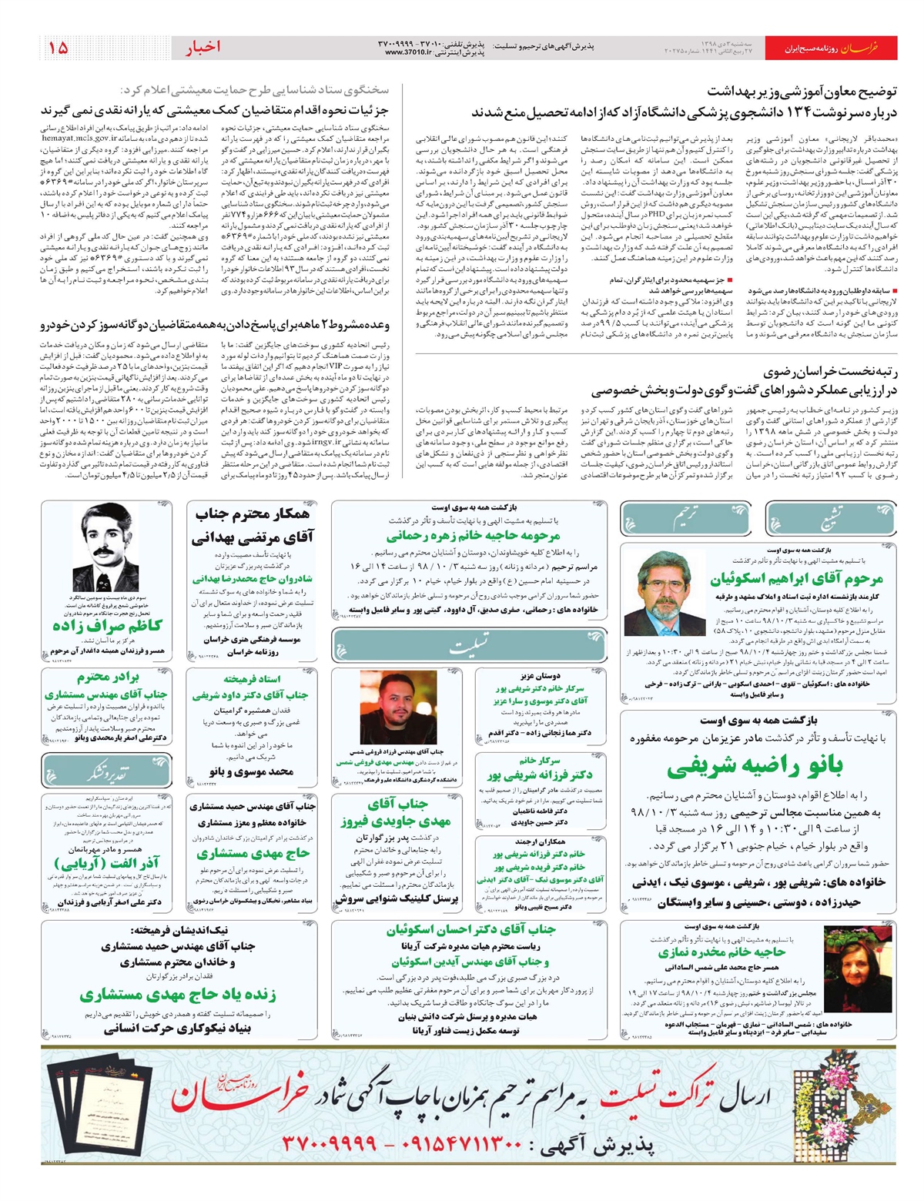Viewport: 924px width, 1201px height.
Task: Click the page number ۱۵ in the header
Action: click(59, 48)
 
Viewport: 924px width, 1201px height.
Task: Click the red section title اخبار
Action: click(203, 48)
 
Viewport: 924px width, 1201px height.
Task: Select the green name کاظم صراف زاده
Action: click(107, 625)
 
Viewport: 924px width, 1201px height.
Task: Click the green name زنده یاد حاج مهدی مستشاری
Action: click(177, 994)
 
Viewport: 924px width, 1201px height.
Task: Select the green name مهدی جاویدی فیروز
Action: click(396, 821)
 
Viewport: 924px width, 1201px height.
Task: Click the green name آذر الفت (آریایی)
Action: click(107, 864)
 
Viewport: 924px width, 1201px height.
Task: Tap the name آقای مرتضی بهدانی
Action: click(253, 537)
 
